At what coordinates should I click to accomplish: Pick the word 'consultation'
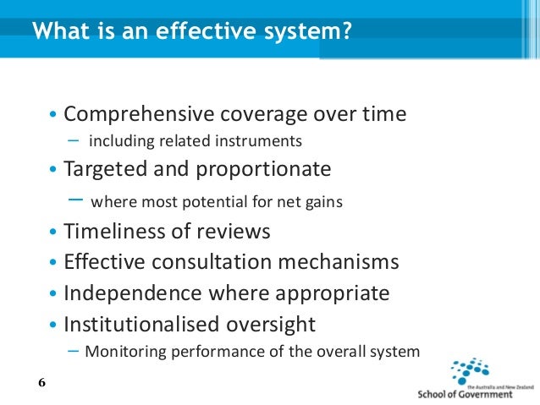(x=217, y=262)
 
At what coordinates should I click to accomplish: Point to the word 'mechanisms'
(x=342, y=262)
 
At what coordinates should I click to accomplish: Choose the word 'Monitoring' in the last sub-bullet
(x=121, y=352)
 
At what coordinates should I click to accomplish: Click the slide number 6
(x=42, y=383)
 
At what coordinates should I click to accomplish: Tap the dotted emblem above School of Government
(x=471, y=370)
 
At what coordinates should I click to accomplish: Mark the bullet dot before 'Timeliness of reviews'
(x=53, y=233)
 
